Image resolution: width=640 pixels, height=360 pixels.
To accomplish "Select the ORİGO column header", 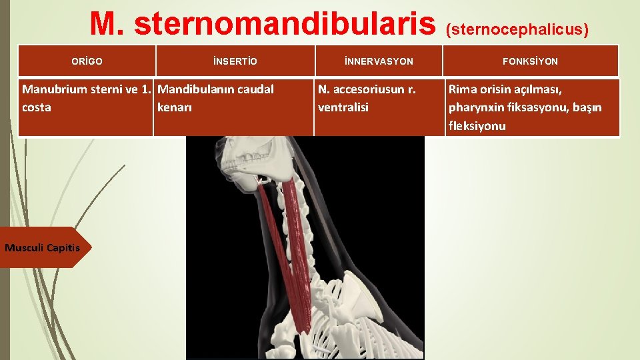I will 87,61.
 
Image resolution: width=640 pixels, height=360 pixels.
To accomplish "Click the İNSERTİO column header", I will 235,61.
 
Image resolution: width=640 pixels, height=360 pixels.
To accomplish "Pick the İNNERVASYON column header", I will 379,61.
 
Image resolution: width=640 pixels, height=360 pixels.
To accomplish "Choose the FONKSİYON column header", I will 531,61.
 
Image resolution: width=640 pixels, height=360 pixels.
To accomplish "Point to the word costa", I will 37,107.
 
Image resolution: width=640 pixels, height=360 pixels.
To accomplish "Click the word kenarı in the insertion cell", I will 175,107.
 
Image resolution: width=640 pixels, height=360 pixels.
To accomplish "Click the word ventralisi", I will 343,107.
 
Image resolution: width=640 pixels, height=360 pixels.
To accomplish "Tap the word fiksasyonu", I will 530,107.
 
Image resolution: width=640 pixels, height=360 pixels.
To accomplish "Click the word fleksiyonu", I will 477,126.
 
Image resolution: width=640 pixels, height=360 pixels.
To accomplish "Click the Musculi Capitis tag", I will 42,248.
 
